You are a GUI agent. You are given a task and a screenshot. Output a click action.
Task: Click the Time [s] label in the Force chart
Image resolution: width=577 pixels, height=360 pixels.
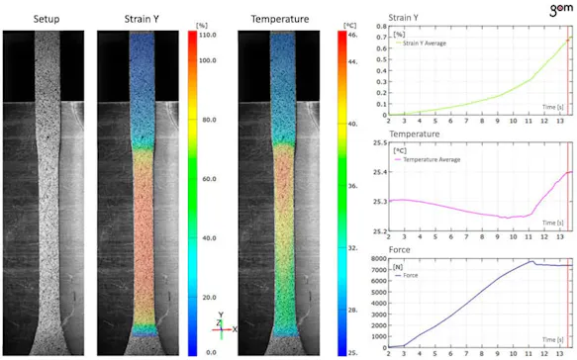click(x=552, y=334)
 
